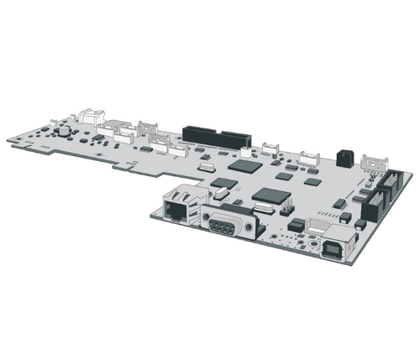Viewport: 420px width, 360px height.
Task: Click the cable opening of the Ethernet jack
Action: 176,211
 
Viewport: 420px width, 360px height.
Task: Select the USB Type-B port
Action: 333,250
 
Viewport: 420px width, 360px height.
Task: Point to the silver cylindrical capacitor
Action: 61,131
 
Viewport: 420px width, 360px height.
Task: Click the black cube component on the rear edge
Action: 344,158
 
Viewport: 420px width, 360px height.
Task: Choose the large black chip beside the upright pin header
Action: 270,198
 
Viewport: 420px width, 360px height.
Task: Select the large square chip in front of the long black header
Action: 245,165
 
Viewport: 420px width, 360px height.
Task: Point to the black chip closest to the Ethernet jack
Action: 223,182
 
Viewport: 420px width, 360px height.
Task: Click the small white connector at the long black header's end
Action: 245,152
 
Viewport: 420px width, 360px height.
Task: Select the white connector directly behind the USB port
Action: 320,226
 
